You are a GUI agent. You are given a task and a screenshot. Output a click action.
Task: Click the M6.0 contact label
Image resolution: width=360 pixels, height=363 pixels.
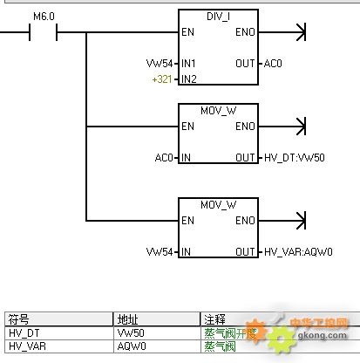(44, 17)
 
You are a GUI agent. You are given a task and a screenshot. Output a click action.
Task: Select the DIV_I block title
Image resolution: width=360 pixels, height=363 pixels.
(218, 17)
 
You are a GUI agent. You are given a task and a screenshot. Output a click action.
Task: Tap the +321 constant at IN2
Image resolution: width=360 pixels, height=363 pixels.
(162, 79)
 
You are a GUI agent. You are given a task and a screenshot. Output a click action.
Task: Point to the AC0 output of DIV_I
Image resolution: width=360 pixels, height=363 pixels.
(273, 64)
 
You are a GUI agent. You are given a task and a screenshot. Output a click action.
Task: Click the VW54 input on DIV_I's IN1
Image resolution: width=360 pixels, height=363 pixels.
(160, 64)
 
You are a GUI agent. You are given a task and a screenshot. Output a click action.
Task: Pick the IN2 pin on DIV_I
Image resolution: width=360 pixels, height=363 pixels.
(189, 79)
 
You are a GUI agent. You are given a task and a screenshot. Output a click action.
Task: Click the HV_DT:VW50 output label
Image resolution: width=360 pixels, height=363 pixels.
(295, 158)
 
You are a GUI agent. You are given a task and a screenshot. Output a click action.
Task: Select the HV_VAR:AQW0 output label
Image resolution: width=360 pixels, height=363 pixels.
(298, 252)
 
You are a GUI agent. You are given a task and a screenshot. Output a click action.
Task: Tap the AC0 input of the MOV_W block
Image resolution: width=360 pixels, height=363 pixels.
(164, 158)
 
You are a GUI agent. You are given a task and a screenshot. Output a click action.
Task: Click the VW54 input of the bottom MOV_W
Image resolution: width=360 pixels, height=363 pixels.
(160, 252)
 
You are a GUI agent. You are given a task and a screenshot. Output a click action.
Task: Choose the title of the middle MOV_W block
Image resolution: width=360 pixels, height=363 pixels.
(218, 111)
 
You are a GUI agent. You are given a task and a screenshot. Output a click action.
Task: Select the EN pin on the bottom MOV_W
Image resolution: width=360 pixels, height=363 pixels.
(187, 221)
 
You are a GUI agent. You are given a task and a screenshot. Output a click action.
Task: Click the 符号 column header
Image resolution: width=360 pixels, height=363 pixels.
(18, 319)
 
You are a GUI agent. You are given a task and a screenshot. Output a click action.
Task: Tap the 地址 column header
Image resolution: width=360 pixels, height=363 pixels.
(127, 319)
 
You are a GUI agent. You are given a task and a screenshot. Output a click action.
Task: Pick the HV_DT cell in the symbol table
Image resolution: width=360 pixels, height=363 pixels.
(24, 333)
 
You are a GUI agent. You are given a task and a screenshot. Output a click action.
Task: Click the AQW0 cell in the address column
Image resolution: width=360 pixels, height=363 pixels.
(132, 346)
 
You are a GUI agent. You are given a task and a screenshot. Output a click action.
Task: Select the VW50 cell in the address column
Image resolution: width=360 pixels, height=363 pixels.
(131, 333)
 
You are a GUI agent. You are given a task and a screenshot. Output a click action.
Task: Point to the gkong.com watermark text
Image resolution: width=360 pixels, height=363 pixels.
(323, 335)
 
